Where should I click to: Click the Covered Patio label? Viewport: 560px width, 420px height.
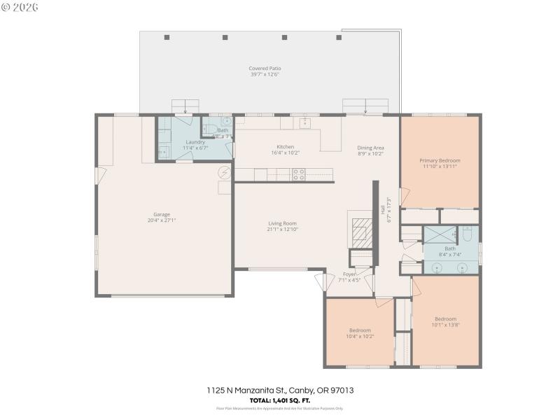(x=265, y=69)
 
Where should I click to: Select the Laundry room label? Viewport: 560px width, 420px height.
(x=195, y=142)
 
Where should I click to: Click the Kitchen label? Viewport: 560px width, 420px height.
(x=285, y=146)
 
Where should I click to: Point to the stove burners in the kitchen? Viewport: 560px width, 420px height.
(x=298, y=174)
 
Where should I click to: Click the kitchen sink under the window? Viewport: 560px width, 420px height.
(x=305, y=123)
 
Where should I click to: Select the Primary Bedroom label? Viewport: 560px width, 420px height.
(x=440, y=160)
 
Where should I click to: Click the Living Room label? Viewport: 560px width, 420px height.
(x=282, y=223)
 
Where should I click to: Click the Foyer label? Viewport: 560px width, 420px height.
(x=349, y=274)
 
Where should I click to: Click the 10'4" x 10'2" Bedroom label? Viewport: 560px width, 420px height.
(x=360, y=330)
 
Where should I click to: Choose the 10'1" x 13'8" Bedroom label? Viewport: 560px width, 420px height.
(x=445, y=318)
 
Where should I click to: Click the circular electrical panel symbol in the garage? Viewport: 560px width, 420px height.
(x=225, y=172)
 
